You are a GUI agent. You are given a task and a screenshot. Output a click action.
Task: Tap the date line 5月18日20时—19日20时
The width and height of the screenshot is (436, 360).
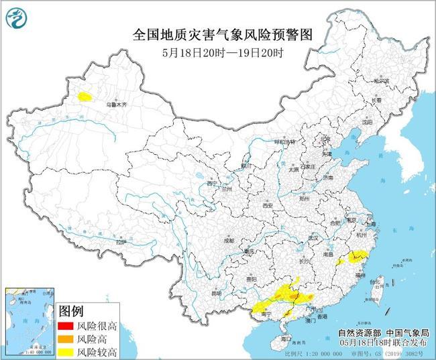(x=219, y=52)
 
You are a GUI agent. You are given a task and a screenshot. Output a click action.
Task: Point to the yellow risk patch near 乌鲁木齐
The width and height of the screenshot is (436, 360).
(x=85, y=97)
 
